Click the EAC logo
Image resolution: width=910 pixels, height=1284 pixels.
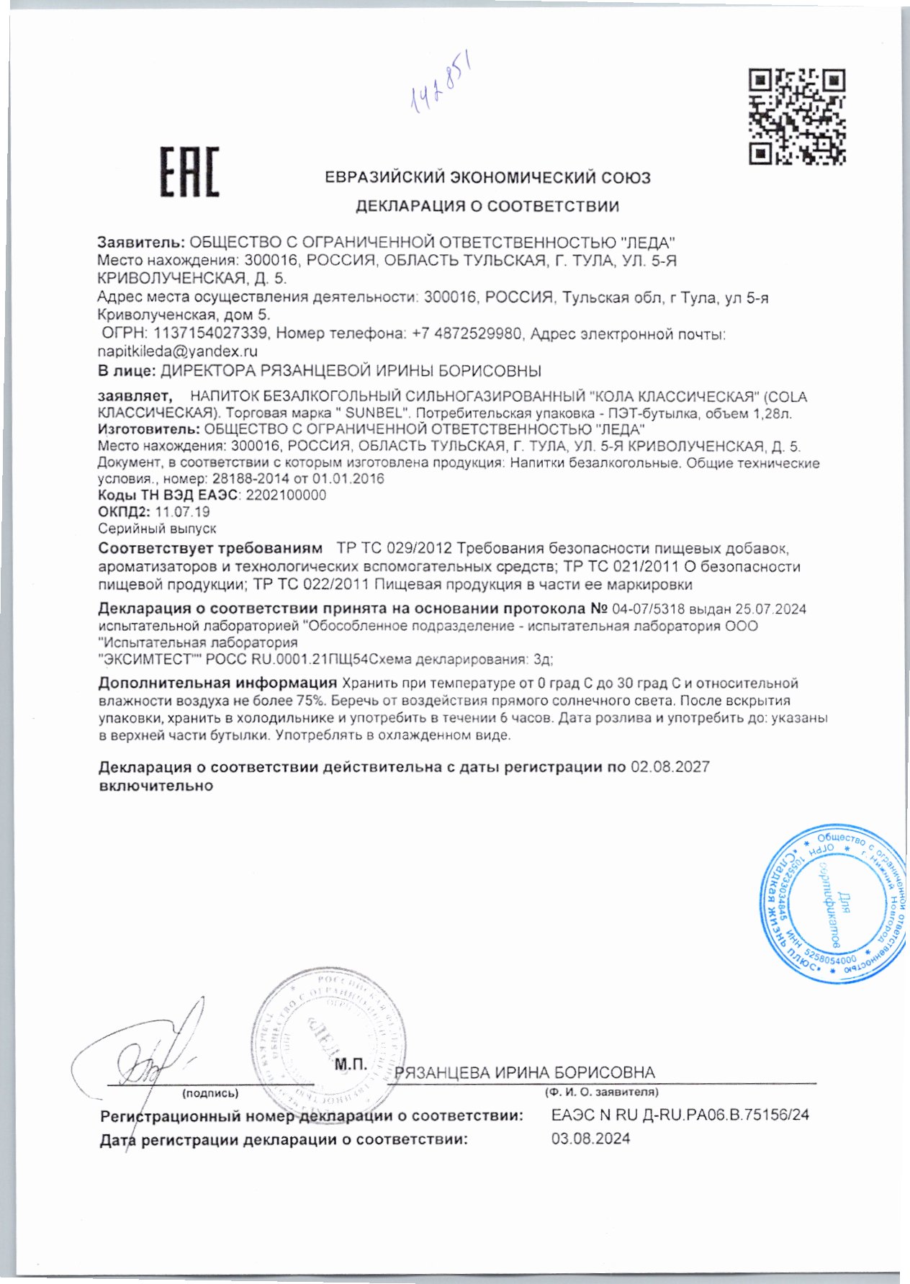pyautogui.click(x=189, y=173)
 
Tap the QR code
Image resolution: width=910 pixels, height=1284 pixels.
pyautogui.click(x=796, y=116)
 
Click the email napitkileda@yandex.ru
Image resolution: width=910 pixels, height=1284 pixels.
pyautogui.click(x=177, y=352)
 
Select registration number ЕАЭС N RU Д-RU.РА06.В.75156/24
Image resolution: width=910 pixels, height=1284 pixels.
pyautogui.click(x=680, y=1115)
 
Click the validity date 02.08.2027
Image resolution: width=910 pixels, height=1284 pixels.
pyautogui.click(x=670, y=767)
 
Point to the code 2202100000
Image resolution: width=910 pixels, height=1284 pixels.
pyautogui.click(x=286, y=495)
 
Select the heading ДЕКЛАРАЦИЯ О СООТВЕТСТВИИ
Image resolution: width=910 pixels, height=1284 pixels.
pyautogui.click(x=487, y=207)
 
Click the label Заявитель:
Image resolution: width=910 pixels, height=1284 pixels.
pyautogui.click(x=141, y=242)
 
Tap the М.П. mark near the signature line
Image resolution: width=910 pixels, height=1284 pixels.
pyautogui.click(x=351, y=1064)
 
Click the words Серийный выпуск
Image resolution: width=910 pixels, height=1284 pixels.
pyautogui.click(x=156, y=529)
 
